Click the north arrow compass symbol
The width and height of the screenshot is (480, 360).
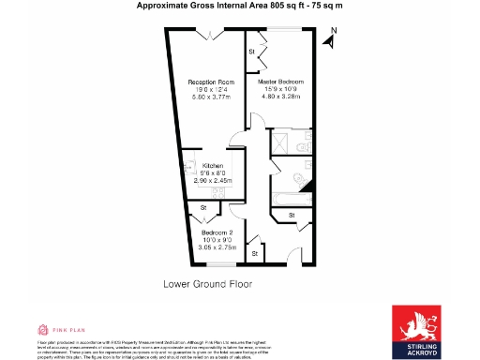click(x=329, y=37)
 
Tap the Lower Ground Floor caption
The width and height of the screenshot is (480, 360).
click(x=207, y=282)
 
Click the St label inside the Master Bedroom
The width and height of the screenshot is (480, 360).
click(x=252, y=52)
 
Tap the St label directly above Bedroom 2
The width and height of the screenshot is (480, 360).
click(x=203, y=208)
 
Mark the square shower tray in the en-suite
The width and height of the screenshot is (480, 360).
click(x=278, y=142)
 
